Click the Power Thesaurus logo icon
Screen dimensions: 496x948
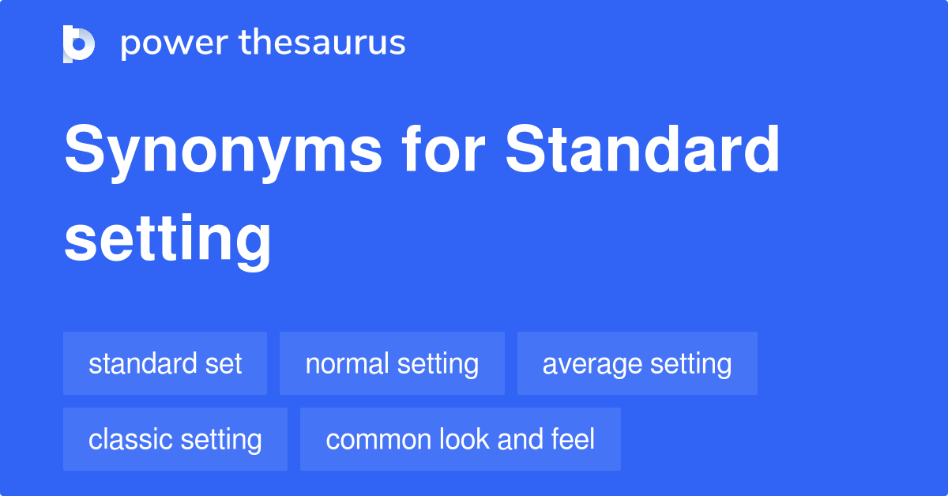[x=79, y=43]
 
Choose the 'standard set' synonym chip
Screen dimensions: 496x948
[x=165, y=364]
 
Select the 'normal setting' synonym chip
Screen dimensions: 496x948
[x=392, y=364]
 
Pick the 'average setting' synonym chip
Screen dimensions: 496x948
[x=637, y=364]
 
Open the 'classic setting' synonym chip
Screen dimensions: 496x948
[x=175, y=440]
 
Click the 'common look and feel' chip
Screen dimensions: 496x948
[x=460, y=440]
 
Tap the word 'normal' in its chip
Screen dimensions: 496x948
[x=347, y=364]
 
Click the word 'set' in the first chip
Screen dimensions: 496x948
[x=225, y=364]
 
